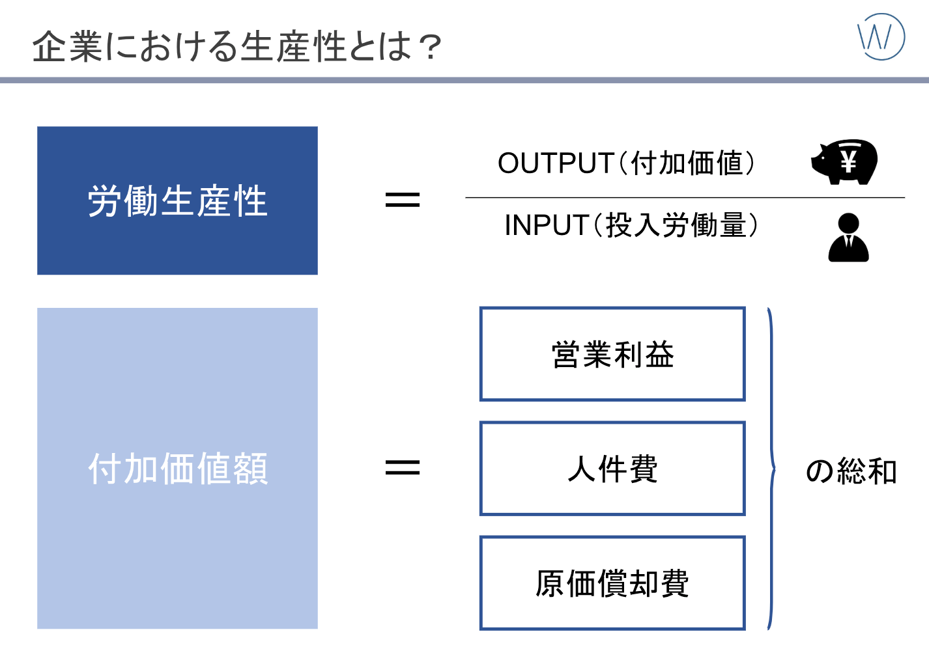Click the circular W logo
point(881,36)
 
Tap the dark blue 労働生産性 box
point(177,200)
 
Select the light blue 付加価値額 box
point(177,468)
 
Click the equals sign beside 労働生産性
point(403,200)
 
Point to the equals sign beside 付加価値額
point(403,468)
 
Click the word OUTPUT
point(556,163)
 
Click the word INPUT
point(547,225)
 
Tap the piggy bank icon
point(844,161)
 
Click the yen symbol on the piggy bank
point(848,161)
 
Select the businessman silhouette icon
point(848,238)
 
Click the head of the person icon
point(848,223)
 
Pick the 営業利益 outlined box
point(612,354)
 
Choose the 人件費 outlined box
point(612,469)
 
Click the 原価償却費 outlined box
point(612,583)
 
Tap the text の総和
point(851,471)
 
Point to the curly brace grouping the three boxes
point(774,469)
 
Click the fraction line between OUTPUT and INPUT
point(685,198)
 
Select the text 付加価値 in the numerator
point(687,163)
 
